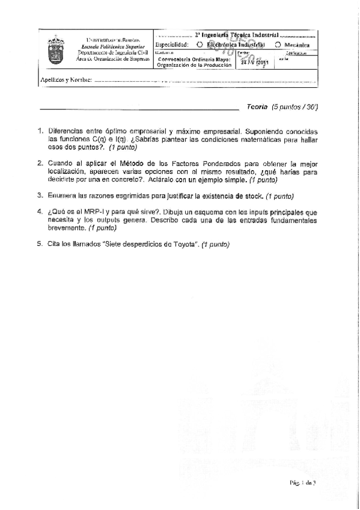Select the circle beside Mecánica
[x=278, y=45]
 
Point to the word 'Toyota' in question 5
[x=185, y=244]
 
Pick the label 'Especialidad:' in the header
[x=172, y=45]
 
